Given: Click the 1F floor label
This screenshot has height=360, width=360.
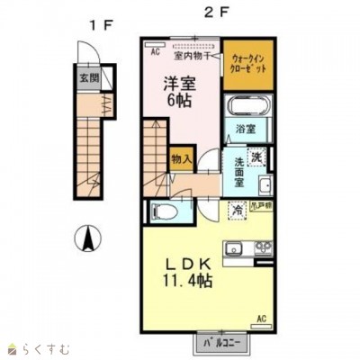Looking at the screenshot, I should click(x=96, y=24).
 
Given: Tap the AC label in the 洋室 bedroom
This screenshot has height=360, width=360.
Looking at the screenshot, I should click(x=155, y=51).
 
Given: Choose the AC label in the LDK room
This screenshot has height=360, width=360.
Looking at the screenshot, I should click(x=261, y=319).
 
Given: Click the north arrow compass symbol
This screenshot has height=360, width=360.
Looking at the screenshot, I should click(x=87, y=239).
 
